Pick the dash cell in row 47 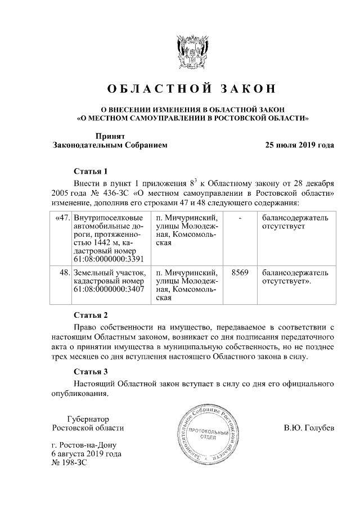pos(240,217)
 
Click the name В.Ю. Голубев pos(309,428)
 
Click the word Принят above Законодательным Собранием pos(110,136)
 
